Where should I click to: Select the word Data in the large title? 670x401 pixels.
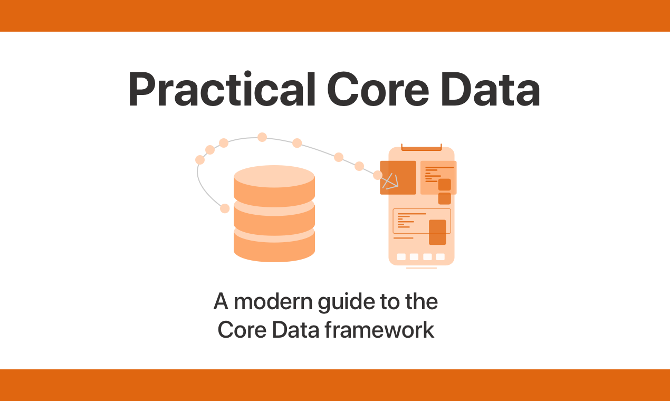489,90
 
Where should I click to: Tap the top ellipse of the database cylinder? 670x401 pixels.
274,177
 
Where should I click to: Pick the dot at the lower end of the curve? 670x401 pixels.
225,208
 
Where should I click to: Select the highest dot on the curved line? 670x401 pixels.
262,137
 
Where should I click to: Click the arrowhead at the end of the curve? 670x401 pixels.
391,182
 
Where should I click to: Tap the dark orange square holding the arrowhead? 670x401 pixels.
398,177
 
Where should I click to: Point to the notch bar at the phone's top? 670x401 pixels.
421,147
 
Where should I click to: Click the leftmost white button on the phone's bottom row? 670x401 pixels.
401,257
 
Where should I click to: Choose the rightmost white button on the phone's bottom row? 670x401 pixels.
440,257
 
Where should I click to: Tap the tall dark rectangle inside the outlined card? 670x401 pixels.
437,232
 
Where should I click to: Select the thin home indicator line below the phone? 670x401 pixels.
421,268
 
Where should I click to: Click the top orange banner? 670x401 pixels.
335,16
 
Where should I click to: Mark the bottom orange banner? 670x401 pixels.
335,385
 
